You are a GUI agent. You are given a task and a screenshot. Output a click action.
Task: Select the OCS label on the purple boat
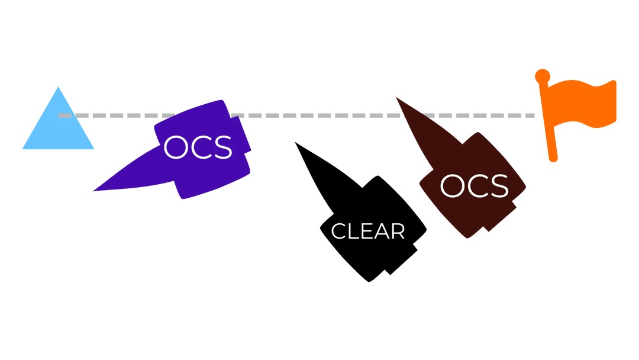[x=198, y=147]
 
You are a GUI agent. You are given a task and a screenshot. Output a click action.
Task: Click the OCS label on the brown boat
[x=474, y=187]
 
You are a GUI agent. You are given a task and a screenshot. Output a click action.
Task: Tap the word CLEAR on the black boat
[x=367, y=232]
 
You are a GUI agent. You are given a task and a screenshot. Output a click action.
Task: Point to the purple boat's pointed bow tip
[x=95, y=190]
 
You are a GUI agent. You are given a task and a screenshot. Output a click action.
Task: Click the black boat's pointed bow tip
[x=296, y=143]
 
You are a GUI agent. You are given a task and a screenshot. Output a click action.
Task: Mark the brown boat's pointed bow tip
[x=397, y=98]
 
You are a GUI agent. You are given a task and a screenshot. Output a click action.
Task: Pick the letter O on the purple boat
[x=175, y=147]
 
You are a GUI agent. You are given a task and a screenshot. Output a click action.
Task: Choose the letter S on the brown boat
[x=498, y=187]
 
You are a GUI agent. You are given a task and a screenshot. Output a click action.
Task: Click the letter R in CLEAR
[x=398, y=232]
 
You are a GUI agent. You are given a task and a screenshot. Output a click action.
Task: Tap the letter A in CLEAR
[x=382, y=232]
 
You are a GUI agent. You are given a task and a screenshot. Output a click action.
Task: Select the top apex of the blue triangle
[x=58, y=88]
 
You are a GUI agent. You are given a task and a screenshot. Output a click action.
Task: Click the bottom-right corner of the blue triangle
[x=92, y=148]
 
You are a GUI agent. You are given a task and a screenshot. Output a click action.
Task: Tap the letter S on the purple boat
[x=221, y=147]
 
